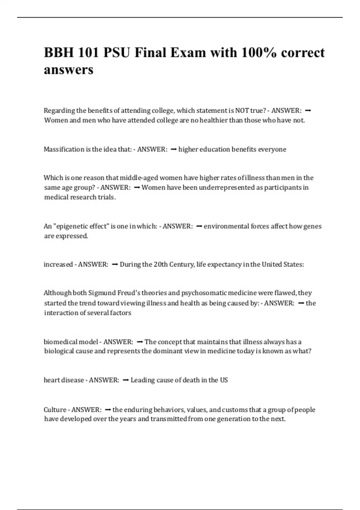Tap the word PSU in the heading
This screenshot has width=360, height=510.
[x=117, y=52]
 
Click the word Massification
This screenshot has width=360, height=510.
[x=64, y=149]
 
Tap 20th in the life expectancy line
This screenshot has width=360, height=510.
[x=160, y=264]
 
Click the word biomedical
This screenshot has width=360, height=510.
[x=60, y=342]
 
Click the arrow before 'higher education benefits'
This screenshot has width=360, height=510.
[x=173, y=149]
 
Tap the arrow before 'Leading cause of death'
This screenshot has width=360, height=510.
[x=126, y=380]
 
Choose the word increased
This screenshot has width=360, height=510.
[x=58, y=264]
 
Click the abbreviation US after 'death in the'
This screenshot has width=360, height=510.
[x=224, y=380]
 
